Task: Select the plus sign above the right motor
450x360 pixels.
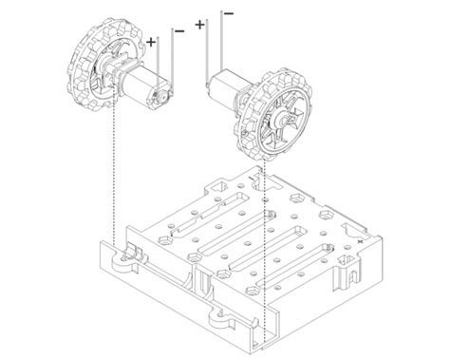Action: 199,25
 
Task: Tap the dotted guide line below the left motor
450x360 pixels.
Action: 115,171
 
